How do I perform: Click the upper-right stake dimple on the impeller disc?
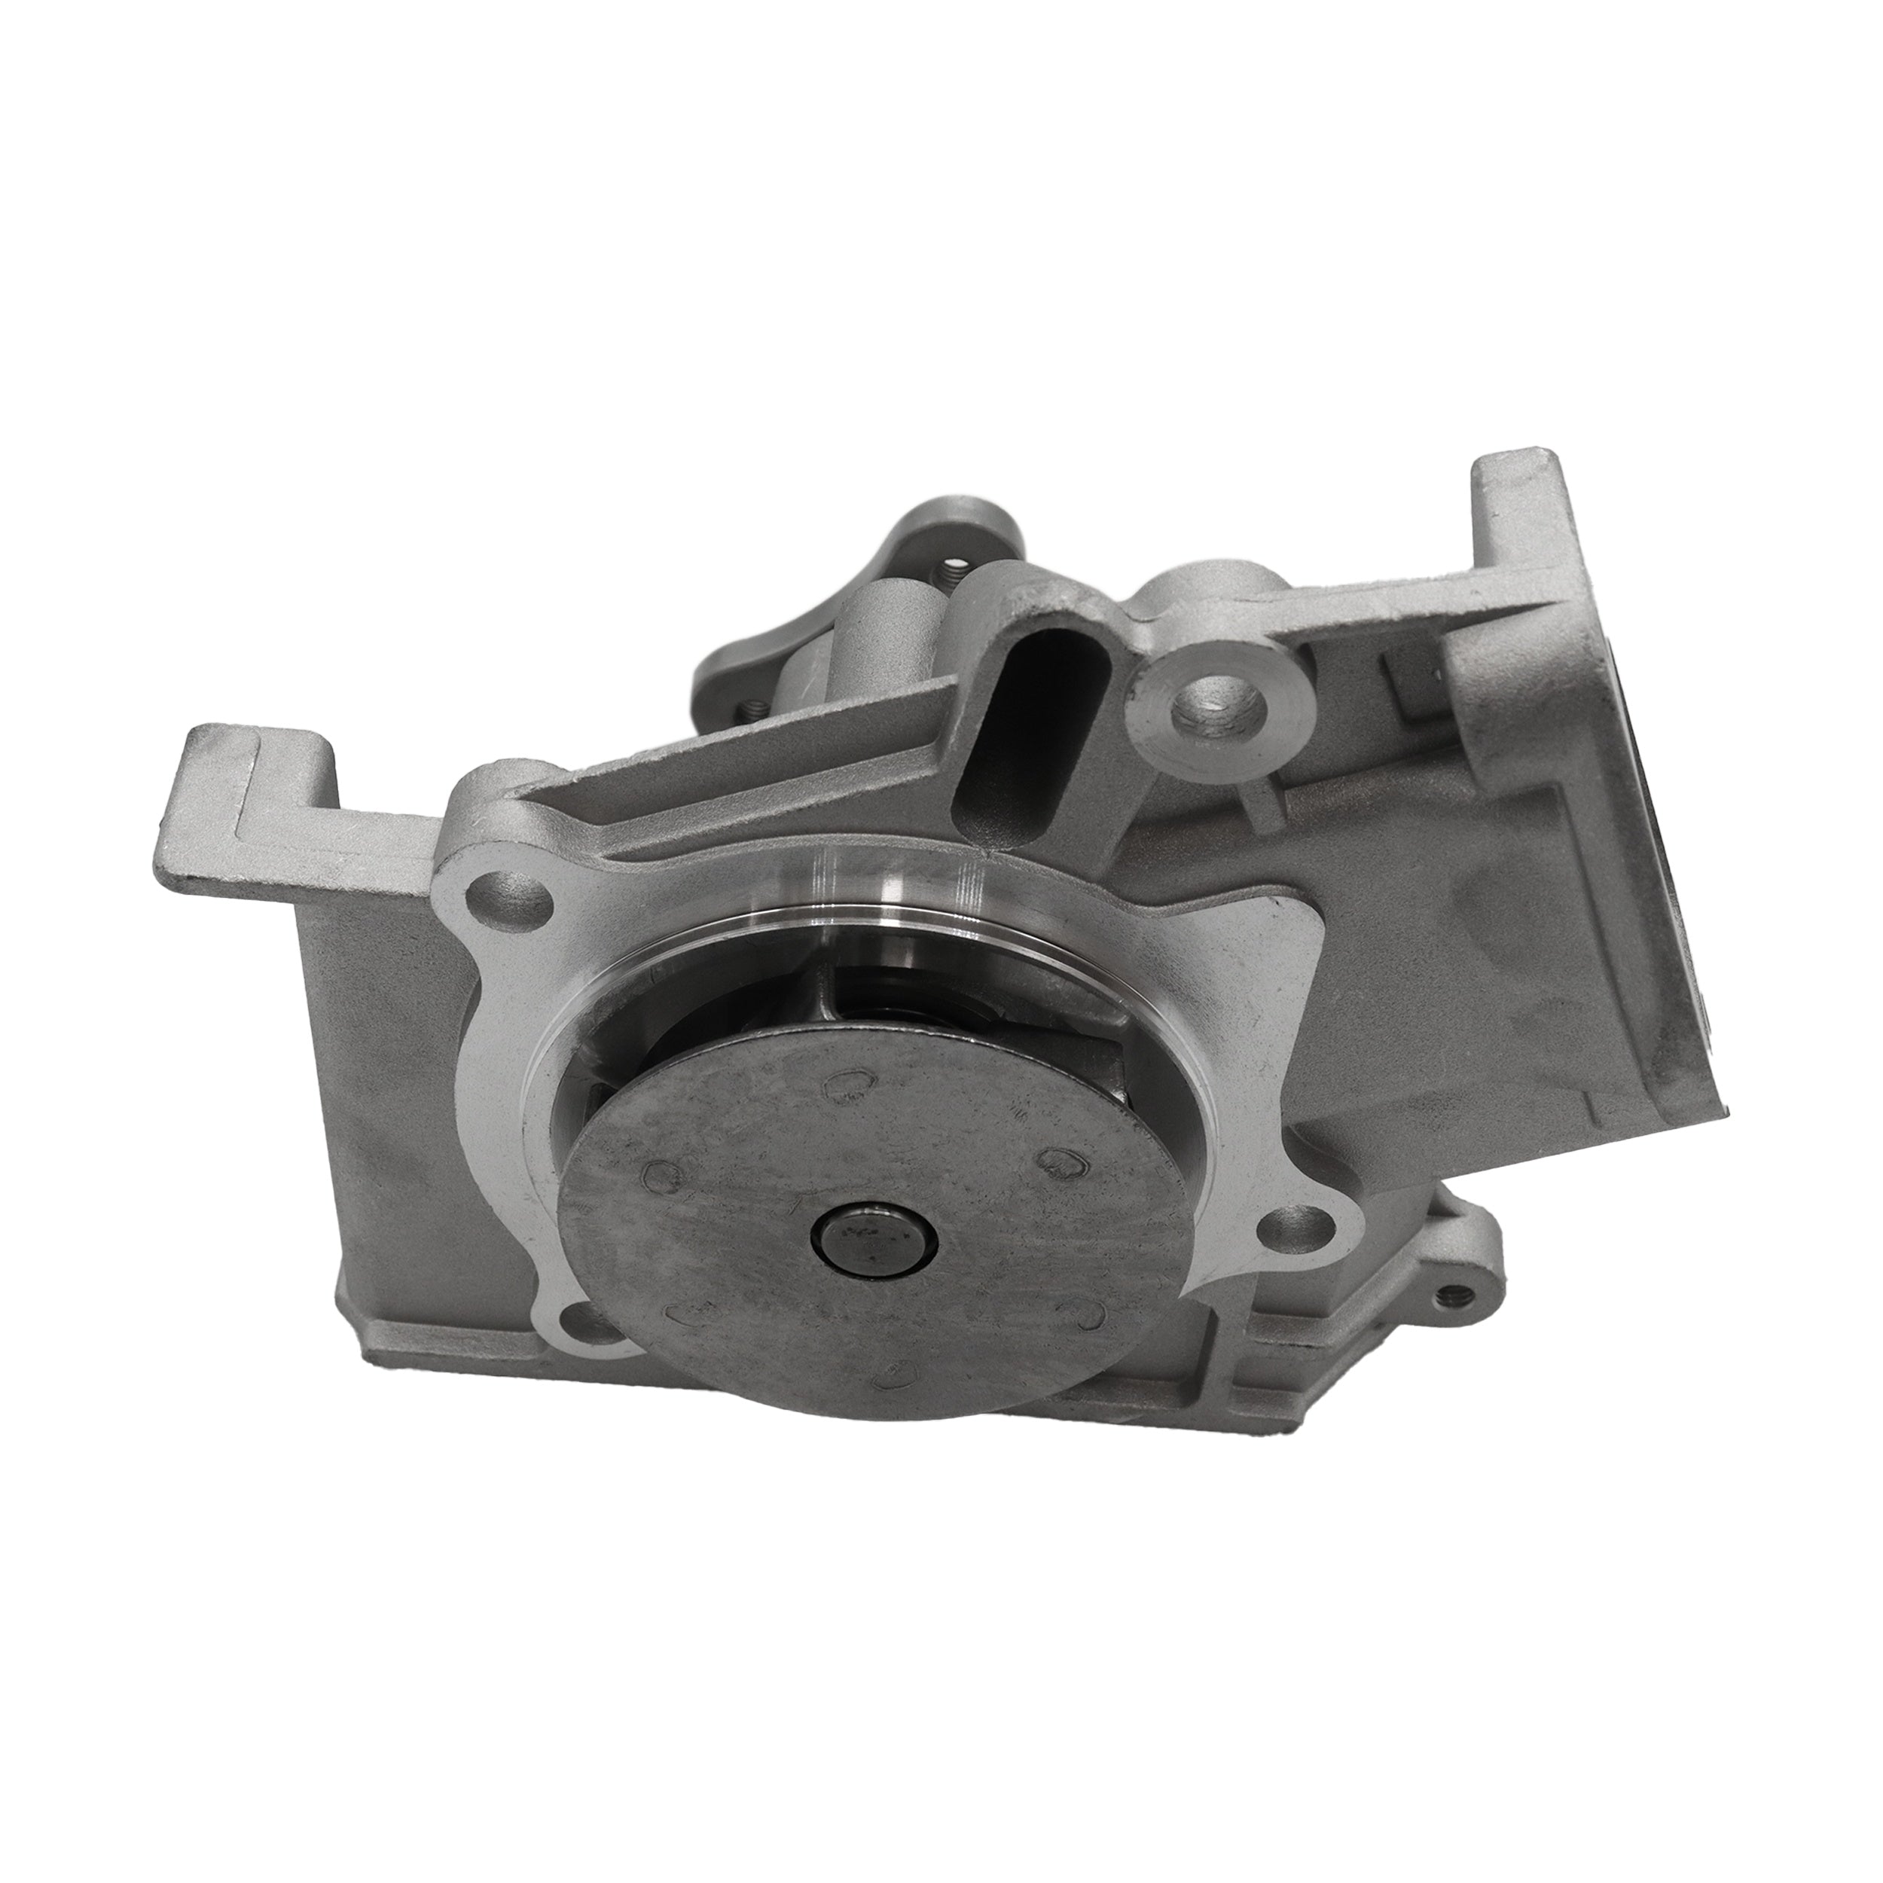[x=1061, y=1159]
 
